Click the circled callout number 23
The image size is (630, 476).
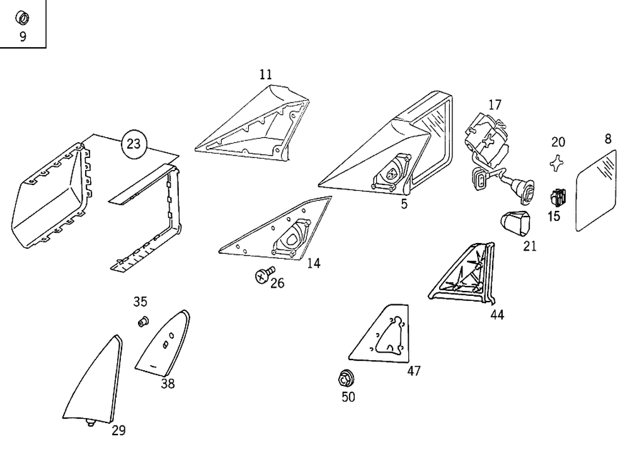pyautogui.click(x=134, y=144)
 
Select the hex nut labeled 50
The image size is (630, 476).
pyautogui.click(x=345, y=379)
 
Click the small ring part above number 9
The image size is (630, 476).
pyautogui.click(x=22, y=18)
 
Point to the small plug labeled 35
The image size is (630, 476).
pyautogui.click(x=142, y=322)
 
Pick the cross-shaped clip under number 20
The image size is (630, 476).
pyautogui.click(x=556, y=163)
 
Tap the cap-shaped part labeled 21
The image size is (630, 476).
pyautogui.click(x=515, y=224)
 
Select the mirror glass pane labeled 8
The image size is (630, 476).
pyautogui.click(x=597, y=190)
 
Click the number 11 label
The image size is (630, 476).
pyautogui.click(x=266, y=74)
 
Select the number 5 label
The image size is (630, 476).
pyautogui.click(x=404, y=203)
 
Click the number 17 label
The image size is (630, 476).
pyautogui.click(x=495, y=105)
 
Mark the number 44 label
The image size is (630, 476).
pyautogui.click(x=497, y=314)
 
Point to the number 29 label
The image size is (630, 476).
pyautogui.click(x=118, y=431)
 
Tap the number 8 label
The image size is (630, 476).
pyautogui.click(x=607, y=140)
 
